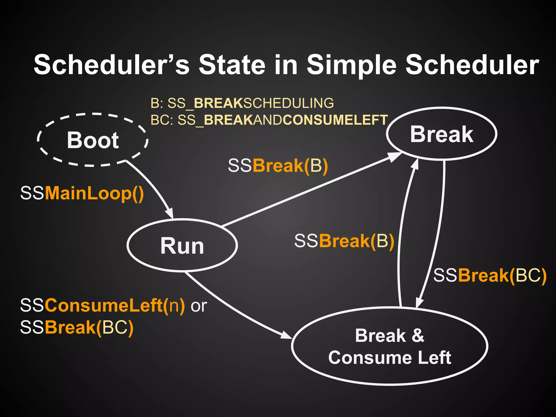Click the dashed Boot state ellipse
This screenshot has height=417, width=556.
tap(93, 140)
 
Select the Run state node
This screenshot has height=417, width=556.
tap(182, 245)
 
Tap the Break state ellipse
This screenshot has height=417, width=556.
tap(442, 134)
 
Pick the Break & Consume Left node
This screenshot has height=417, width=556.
tap(390, 346)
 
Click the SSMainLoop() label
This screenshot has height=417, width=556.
tap(82, 193)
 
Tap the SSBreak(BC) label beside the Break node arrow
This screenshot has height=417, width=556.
tap(489, 276)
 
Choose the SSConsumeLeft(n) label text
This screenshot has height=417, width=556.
tap(103, 305)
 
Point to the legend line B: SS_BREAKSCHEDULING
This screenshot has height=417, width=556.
tap(242, 103)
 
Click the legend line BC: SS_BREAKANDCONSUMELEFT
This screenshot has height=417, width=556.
tap(269, 120)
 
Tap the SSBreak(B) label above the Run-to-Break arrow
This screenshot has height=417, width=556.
tap(278, 166)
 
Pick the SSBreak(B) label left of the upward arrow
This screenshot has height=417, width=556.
tap(344, 241)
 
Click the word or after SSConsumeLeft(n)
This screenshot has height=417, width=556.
tap(199, 306)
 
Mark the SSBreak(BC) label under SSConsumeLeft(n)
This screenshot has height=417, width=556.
tap(77, 327)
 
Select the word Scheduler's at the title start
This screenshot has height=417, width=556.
tap(111, 65)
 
